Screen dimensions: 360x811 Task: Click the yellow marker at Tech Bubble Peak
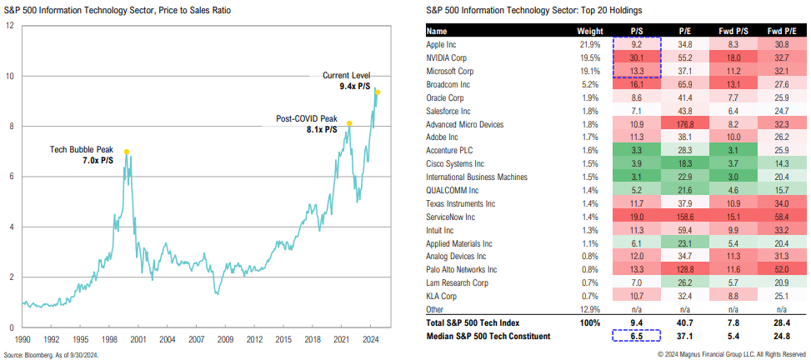pyautogui.click(x=127, y=152)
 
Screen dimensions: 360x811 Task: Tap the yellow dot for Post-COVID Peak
pyautogui.click(x=349, y=123)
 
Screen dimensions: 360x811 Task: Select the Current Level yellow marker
pyautogui.click(x=378, y=92)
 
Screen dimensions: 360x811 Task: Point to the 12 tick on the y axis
pyautogui.click(x=9, y=25)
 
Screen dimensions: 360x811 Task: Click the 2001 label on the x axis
pyautogui.click(x=138, y=339)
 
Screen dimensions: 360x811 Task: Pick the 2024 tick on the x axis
pyautogui.click(x=371, y=339)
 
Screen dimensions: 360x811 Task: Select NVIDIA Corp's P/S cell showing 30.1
pyautogui.click(x=636, y=57)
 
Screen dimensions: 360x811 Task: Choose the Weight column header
pyautogui.click(x=584, y=30)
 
